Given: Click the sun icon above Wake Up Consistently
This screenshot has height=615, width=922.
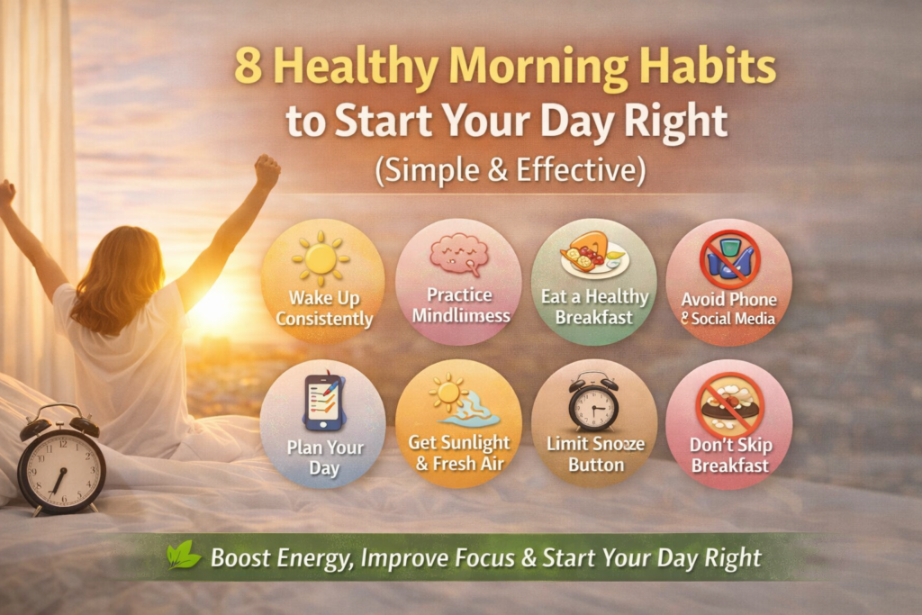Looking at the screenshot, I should [321, 258].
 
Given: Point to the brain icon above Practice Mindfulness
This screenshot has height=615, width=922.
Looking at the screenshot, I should [459, 255].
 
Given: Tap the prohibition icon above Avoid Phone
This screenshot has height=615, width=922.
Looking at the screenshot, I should [729, 258].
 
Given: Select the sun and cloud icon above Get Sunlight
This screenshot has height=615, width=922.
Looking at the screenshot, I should [463, 402].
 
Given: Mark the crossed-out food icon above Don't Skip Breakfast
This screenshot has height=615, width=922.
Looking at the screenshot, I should [729, 404].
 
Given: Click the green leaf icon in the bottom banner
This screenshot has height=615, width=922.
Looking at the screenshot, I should [184, 556].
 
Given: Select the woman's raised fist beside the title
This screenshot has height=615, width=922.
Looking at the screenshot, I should [267, 170].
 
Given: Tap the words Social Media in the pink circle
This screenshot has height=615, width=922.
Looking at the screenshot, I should [732, 320].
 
